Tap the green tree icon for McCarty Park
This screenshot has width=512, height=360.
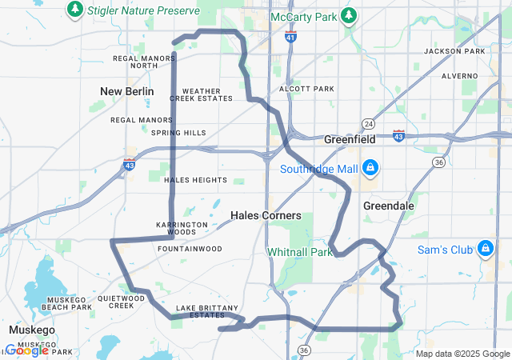[x=348, y=15]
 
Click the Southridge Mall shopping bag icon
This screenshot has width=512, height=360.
[x=370, y=168]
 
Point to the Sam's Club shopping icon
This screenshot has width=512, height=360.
[x=485, y=250]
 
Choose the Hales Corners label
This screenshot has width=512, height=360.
[x=266, y=215]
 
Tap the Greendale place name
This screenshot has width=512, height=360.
[x=389, y=206]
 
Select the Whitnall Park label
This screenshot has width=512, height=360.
[x=299, y=251]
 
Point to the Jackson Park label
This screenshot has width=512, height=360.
[x=454, y=51]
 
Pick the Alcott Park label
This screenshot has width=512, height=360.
[x=306, y=89]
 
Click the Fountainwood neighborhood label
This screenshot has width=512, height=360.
[x=190, y=249]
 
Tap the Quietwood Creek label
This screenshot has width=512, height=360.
[x=122, y=302]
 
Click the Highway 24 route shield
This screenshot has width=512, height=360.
[x=368, y=123]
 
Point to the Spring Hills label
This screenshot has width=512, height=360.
[x=178, y=133]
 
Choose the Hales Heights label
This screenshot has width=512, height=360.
[x=195, y=180]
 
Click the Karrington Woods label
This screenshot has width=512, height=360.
[x=176, y=228]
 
